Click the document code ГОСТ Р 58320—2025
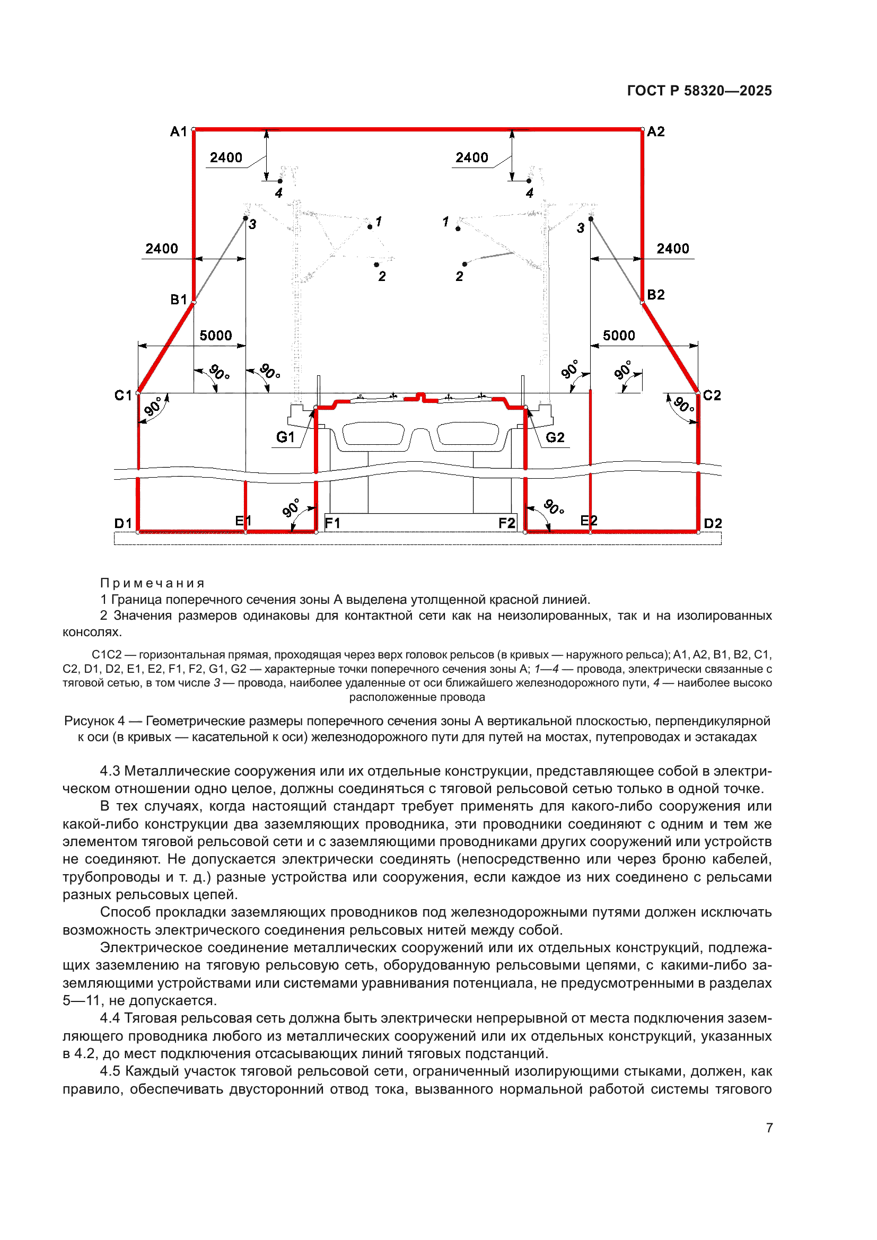[x=699, y=91]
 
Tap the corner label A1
[x=178, y=132]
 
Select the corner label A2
[x=655, y=132]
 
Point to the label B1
[x=179, y=300]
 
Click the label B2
[x=655, y=295]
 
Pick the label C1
[x=123, y=396]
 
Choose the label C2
[x=712, y=396]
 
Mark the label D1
[x=123, y=523]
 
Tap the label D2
[x=713, y=523]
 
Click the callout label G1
[x=285, y=437]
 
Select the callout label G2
[x=555, y=437]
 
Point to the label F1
[x=332, y=523]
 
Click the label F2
[x=506, y=523]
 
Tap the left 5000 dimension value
[x=215, y=336]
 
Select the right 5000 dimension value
[x=619, y=336]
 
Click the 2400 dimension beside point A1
[x=226, y=157]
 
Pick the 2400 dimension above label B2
[x=673, y=249]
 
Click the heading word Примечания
[x=152, y=583]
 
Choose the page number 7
[x=769, y=1128]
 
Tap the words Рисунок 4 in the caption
[x=94, y=721]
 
